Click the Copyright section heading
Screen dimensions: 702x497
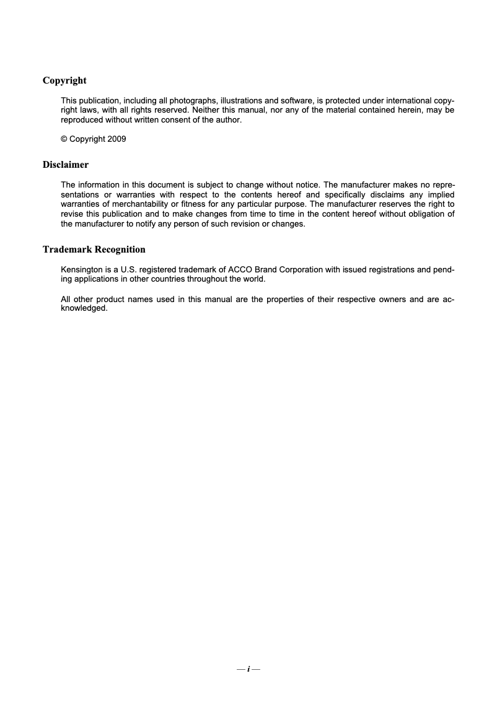point(64,80)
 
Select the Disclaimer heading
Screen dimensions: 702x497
point(66,165)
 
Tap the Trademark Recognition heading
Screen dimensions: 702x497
point(94,249)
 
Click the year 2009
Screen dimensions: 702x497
point(117,139)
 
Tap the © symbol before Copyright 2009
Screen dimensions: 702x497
point(64,139)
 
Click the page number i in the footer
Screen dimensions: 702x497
point(248,669)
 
